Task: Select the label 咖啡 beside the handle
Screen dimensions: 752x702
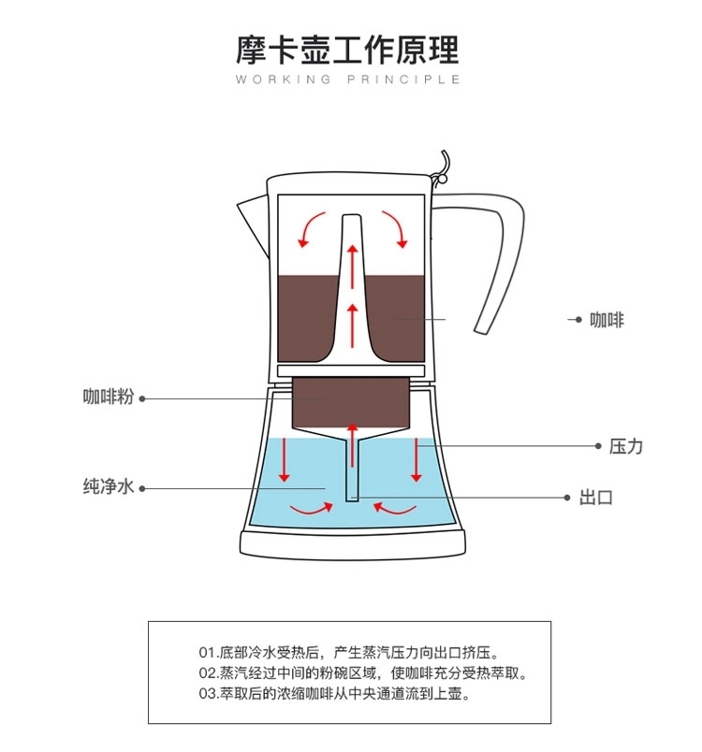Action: coord(607,320)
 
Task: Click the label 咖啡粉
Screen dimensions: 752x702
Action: coord(110,397)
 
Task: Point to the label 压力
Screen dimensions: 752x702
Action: coord(626,446)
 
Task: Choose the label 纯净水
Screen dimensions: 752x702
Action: coord(110,486)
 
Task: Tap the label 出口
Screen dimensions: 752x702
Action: coord(595,497)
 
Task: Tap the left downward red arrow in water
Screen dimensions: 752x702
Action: coord(285,460)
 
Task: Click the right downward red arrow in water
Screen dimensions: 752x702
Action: coord(417,460)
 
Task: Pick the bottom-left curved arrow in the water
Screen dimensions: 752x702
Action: coord(312,509)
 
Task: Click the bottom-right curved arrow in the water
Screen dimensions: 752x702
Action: coord(394,509)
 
